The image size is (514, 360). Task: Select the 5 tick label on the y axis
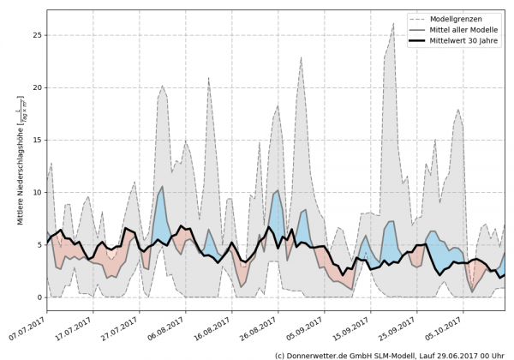(x=39, y=245)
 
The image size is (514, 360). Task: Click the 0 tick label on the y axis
(x=39, y=297)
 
